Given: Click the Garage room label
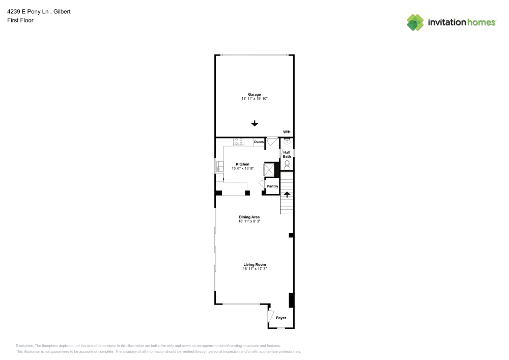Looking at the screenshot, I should [x=254, y=94].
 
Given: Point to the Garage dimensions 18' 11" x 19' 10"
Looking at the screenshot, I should [x=254, y=99].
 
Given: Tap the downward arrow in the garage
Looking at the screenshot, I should [x=254, y=123].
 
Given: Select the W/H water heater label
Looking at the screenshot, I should [x=287, y=132].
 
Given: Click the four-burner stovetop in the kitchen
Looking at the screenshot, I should [x=239, y=142].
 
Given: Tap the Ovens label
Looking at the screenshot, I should [x=259, y=142].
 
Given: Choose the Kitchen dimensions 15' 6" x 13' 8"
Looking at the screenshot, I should [x=242, y=168].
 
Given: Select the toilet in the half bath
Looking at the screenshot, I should [x=287, y=164].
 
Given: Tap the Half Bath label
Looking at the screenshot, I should [x=287, y=154].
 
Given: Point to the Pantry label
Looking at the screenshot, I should [x=272, y=186].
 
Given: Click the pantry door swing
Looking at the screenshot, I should [x=262, y=184].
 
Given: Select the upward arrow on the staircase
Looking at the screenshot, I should [x=287, y=194].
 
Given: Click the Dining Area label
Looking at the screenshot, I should [x=249, y=217].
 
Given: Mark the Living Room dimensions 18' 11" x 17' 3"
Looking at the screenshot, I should [x=254, y=269].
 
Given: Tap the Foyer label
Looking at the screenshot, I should [x=281, y=318].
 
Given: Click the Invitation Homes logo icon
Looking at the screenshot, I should [x=415, y=22].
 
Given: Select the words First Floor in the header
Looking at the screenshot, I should [x=20, y=20].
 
